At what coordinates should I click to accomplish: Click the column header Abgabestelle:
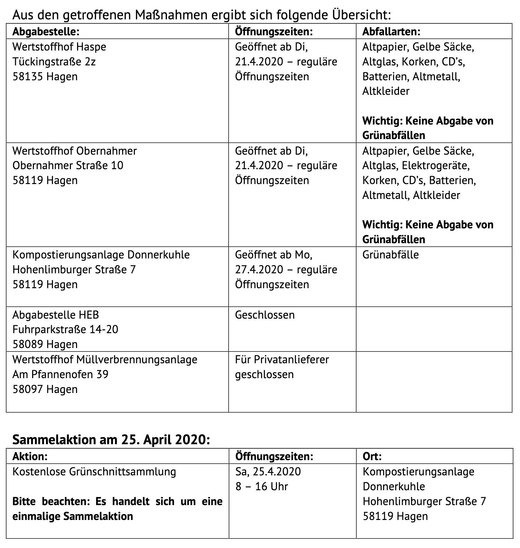pyautogui.click(x=46, y=32)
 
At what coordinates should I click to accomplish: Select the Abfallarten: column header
pyautogui.click(x=391, y=32)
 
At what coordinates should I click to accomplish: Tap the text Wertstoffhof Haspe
pyautogui.click(x=59, y=47)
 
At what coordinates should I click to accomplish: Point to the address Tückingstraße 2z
pyautogui.click(x=54, y=62)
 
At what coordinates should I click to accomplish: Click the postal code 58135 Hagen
pyautogui.click(x=45, y=76)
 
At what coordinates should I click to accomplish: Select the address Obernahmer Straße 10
pyautogui.click(x=68, y=165)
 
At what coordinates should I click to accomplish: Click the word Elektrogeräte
pyautogui.click(x=436, y=166)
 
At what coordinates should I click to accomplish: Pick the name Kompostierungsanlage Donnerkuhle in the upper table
pyautogui.click(x=101, y=255)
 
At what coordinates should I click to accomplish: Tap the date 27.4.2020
pyautogui.click(x=259, y=270)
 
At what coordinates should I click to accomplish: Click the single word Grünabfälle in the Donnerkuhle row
pyautogui.click(x=390, y=255)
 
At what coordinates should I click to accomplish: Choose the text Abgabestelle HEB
pyautogui.click(x=56, y=315)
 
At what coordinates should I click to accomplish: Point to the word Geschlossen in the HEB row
pyautogui.click(x=265, y=315)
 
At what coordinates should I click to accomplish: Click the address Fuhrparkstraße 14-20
pyautogui.click(x=65, y=329)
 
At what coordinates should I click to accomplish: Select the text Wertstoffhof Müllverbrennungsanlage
pyautogui.click(x=105, y=359)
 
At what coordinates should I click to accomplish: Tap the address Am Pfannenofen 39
pyautogui.click(x=61, y=374)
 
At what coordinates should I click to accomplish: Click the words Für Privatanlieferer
pyautogui.click(x=282, y=359)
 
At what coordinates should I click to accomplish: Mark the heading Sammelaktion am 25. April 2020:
pyautogui.click(x=111, y=439)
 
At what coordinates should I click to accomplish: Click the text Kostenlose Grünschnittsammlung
pyautogui.click(x=94, y=472)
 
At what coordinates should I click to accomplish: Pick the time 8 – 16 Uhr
pyautogui.click(x=261, y=486)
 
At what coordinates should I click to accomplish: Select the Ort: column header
pyautogui.click(x=372, y=456)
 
